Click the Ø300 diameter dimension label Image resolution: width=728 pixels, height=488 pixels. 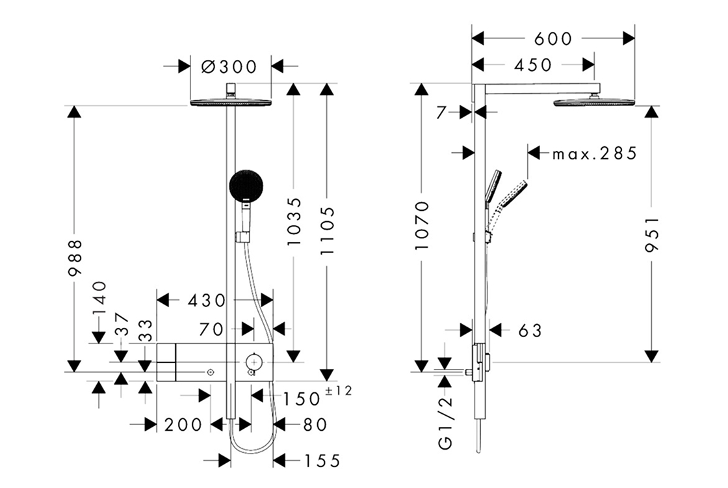pos(229,66)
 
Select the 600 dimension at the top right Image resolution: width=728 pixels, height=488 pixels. pos(553,38)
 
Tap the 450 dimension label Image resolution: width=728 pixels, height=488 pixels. pos(532,65)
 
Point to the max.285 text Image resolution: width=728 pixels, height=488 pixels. pos(594,154)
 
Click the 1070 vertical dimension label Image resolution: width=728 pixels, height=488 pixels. pos(423,226)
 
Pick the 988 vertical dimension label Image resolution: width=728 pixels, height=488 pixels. pos(75,258)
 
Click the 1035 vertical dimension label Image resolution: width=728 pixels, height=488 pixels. pos(294,221)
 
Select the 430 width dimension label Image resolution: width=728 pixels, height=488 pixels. pos(206,301)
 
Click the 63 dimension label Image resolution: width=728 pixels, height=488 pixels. pos(530,331)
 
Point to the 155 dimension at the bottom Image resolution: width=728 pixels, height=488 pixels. pos(322,461)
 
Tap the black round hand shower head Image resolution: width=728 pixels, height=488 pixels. pos(246,185)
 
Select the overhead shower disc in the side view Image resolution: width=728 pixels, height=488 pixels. pos(593,102)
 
